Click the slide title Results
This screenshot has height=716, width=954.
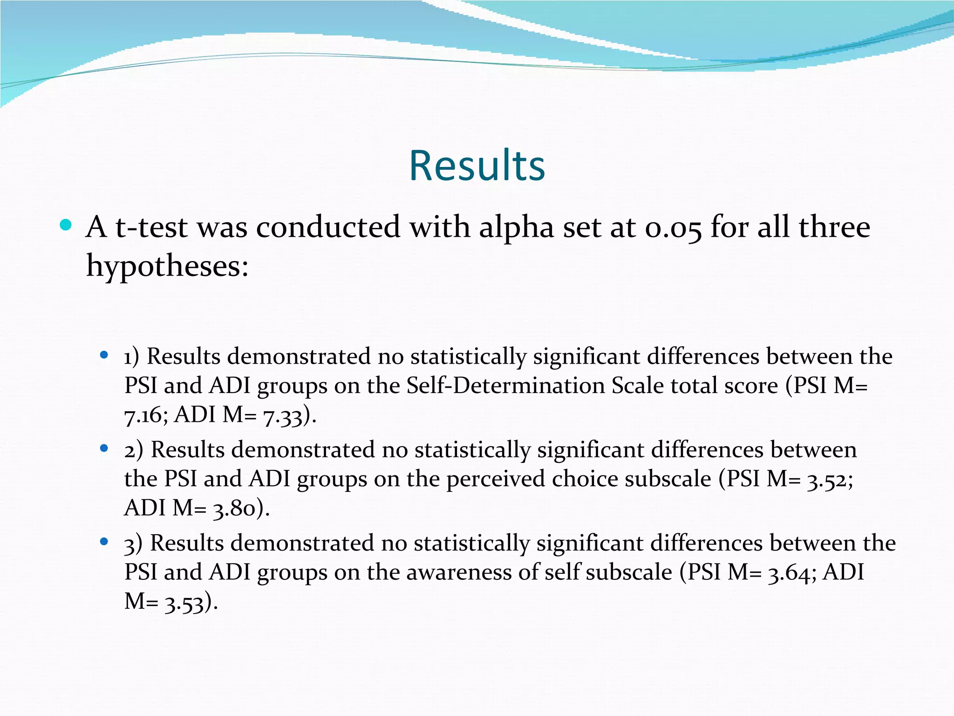pos(477,166)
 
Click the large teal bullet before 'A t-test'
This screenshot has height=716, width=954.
pos(66,226)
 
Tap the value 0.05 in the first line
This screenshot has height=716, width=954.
pos(674,228)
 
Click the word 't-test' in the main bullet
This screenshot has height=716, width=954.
pos(152,228)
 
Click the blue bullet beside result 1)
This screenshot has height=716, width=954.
pos(104,356)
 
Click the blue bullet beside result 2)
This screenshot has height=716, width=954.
pos(104,449)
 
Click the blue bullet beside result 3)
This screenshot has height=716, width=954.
pos(104,542)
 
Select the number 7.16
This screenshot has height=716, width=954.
pos(143,415)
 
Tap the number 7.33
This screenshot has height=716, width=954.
pos(283,415)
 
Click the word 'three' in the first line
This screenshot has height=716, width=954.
pos(834,228)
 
